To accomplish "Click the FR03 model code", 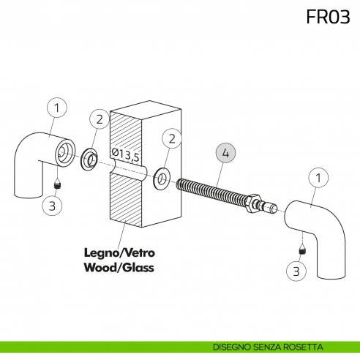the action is click(328, 17).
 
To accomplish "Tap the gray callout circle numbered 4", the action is click(225, 153).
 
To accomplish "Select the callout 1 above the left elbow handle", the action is click(57, 108).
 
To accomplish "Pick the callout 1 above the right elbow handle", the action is click(318, 178).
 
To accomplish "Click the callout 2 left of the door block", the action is click(100, 119).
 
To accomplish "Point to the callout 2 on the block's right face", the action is click(172, 138).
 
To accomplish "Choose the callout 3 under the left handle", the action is click(52, 206).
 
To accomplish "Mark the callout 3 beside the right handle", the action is click(296, 271).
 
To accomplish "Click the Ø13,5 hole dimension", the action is click(126, 155).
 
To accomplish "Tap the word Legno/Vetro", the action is click(119, 253).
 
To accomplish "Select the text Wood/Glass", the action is click(119, 268).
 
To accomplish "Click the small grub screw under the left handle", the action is click(58, 184).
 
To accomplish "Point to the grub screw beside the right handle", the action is click(303, 250).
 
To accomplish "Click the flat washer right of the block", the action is click(162, 179).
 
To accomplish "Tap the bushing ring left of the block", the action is click(89, 160).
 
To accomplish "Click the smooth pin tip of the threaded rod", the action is click(273, 208).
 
